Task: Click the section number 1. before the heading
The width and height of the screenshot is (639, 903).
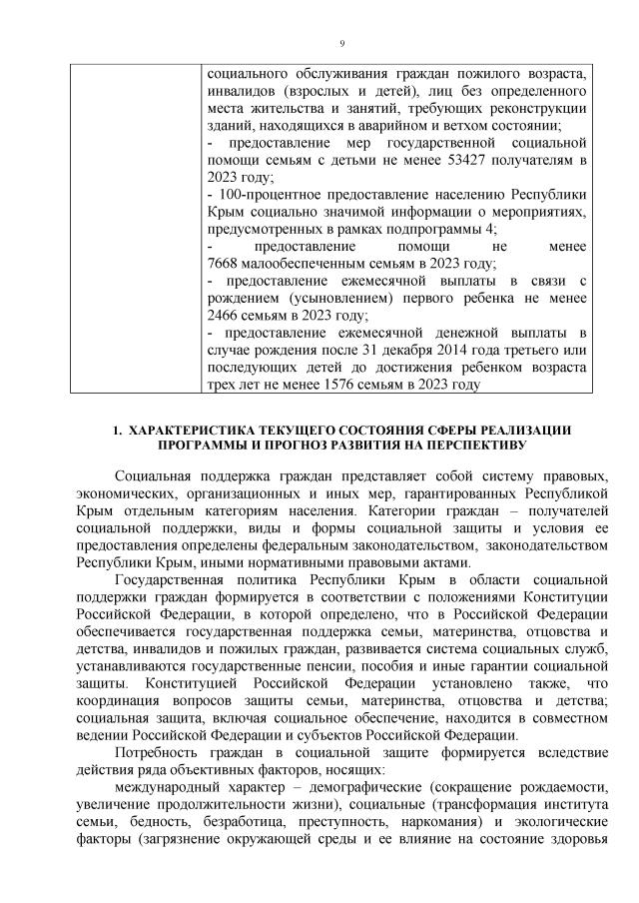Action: point(117,431)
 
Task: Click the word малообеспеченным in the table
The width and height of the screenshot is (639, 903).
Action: point(309,264)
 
